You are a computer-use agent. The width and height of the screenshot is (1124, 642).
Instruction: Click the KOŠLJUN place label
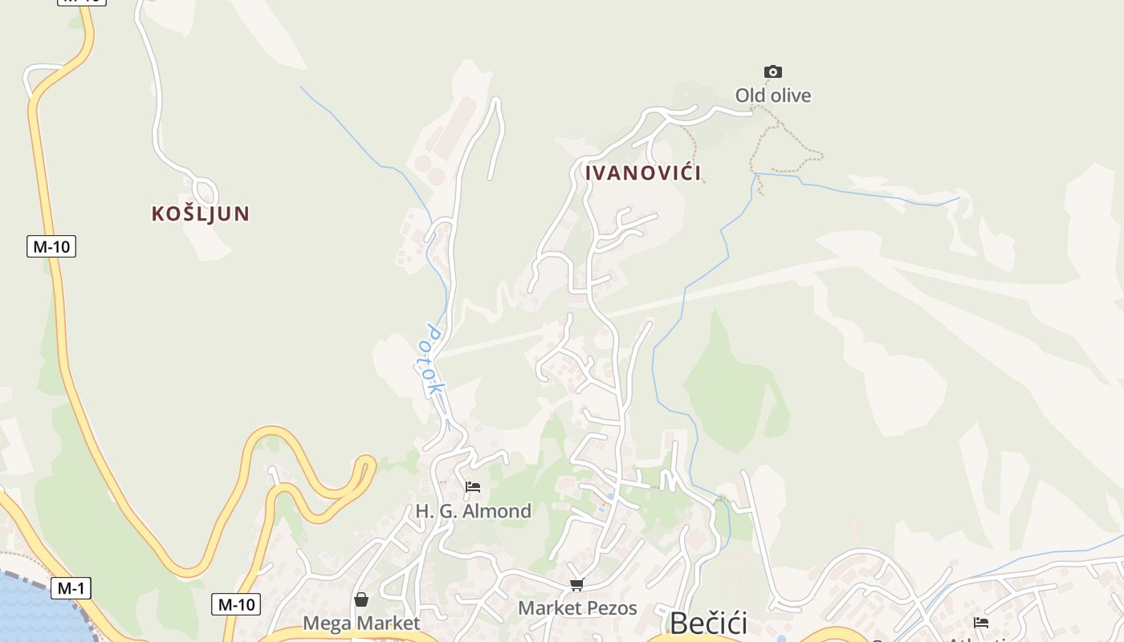point(201,213)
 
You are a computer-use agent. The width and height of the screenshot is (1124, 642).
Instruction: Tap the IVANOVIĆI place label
point(643,173)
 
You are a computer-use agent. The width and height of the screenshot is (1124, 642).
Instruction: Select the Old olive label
point(773,95)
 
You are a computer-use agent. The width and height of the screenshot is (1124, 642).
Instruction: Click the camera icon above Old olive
point(773,72)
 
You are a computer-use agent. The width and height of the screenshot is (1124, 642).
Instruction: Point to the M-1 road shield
point(71,588)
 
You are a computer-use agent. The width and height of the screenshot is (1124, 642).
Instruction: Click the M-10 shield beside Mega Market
point(236,604)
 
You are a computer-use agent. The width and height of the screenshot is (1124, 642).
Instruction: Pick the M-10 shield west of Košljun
point(51,246)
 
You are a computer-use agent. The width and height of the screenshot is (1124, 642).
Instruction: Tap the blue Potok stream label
point(429,359)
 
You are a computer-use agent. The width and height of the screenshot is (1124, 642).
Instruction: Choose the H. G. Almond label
point(473,511)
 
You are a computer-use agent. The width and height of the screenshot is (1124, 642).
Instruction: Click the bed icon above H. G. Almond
point(473,486)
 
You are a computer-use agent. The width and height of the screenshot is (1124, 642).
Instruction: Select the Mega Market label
point(361,624)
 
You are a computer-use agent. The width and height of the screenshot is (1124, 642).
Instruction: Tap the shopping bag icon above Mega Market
point(361,599)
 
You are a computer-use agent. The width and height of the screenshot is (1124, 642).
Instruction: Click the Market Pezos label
point(577,608)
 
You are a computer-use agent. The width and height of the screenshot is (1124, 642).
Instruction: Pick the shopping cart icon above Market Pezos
point(576,584)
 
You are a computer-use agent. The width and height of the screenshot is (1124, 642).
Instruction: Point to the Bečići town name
point(708,624)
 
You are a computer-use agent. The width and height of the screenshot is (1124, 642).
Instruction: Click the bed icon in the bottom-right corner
point(980,622)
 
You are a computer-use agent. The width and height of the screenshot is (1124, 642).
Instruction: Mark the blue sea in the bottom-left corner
point(32,610)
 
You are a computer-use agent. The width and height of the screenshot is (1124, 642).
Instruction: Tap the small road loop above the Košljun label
point(206,191)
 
